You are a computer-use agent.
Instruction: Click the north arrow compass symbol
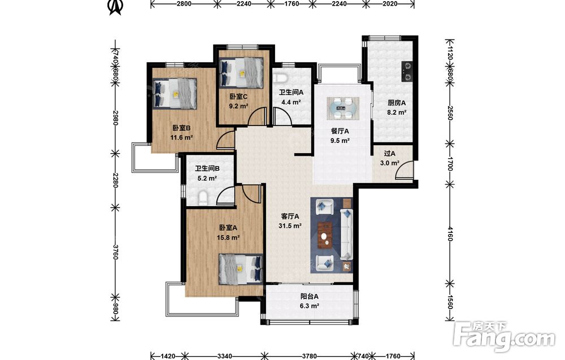click(115, 7)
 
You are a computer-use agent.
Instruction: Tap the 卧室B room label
click(181, 128)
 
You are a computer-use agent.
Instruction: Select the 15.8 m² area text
click(228, 237)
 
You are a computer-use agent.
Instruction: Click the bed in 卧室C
click(242, 72)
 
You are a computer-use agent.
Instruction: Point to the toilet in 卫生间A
click(280, 78)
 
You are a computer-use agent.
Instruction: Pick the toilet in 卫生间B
click(203, 198)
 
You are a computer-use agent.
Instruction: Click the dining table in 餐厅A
click(343, 108)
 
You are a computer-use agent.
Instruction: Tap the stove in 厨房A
click(407, 71)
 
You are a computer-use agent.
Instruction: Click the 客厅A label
click(290, 216)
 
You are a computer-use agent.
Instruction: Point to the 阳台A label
click(310, 297)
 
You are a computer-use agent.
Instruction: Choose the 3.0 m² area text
click(389, 163)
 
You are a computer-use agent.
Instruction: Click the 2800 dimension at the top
click(184, 3)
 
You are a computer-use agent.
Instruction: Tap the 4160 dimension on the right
click(450, 233)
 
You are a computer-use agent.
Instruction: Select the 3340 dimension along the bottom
click(224, 356)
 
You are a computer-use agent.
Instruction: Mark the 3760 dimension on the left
click(115, 252)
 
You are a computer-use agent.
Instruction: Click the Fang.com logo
click(505, 336)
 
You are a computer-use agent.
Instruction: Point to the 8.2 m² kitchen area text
click(397, 112)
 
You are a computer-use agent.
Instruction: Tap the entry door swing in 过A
click(404, 171)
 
